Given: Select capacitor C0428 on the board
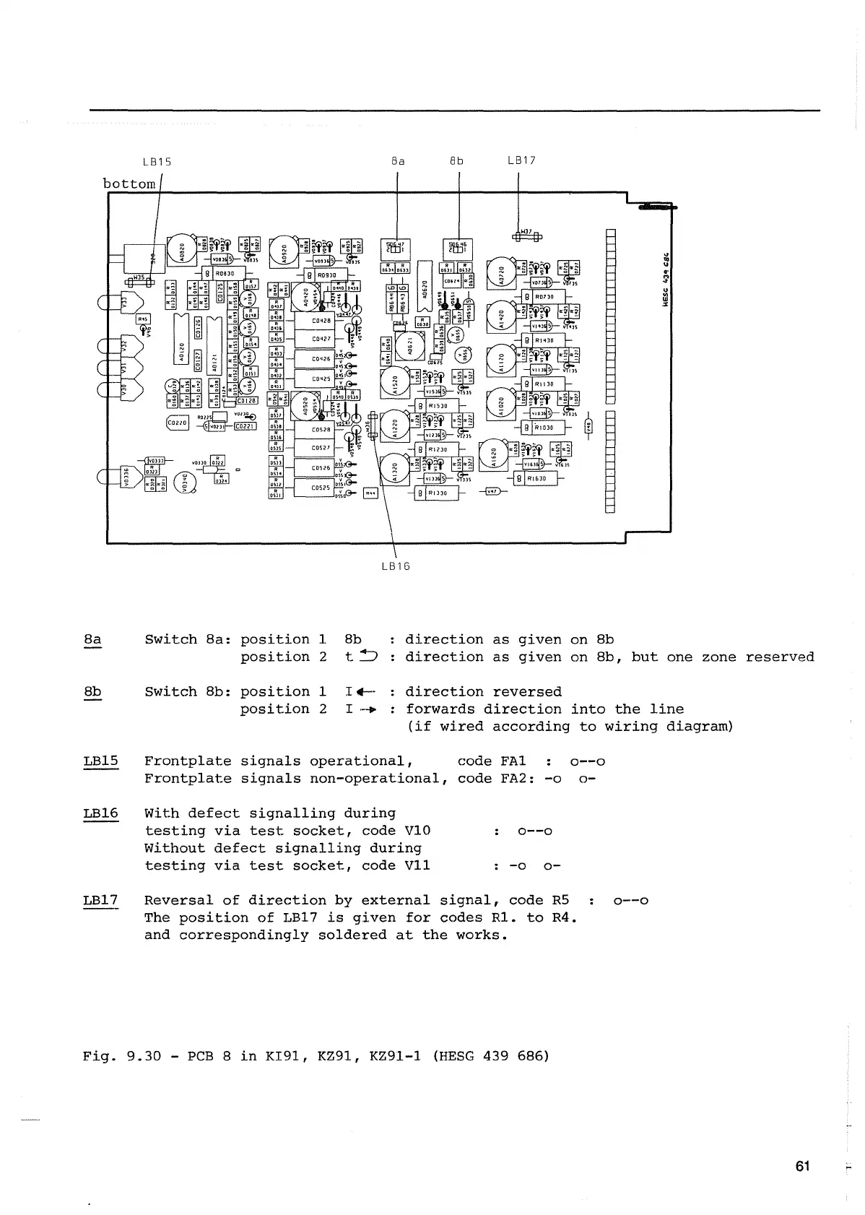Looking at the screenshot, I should [x=321, y=321].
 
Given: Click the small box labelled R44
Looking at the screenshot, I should [x=371, y=493].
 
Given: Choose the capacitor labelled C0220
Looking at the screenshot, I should [x=178, y=423].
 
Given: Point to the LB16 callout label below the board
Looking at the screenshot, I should [x=395, y=566].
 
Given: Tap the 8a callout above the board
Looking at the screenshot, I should [x=398, y=161].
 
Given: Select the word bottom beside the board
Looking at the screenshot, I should [x=129, y=183].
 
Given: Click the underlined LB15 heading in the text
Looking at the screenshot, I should [x=100, y=761].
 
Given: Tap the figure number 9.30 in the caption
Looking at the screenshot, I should [x=144, y=1056].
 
